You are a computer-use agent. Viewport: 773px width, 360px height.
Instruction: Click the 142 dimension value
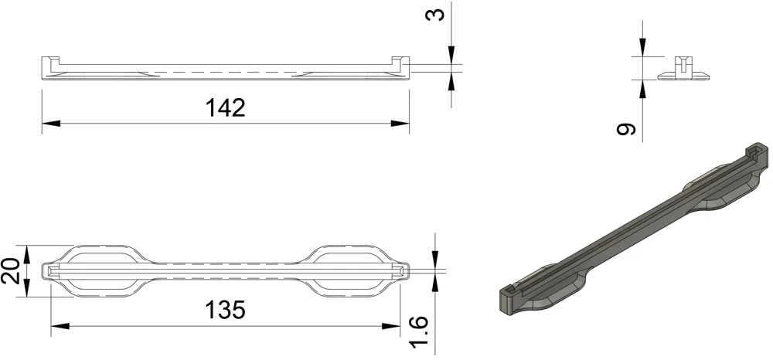tap(226, 107)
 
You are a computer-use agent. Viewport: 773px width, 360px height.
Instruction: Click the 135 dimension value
tap(226, 310)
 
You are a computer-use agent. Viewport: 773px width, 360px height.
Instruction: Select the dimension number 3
tap(438, 14)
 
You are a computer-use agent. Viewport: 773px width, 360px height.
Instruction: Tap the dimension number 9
tap(628, 129)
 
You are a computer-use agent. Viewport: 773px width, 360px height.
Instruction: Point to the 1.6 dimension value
tap(421, 331)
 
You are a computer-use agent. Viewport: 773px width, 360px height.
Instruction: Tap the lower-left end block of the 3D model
tap(512, 298)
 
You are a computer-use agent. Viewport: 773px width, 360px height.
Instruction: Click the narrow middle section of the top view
tap(226, 270)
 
